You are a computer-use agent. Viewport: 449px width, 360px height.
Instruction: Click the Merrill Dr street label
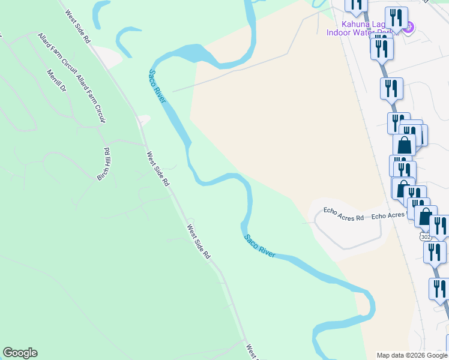pos(56,80)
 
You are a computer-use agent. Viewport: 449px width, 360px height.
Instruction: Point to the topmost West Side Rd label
pos(78,26)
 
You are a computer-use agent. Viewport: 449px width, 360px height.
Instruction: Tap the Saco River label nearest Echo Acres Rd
pos(259,246)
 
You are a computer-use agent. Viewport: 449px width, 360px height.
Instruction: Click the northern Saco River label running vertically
pos(157,86)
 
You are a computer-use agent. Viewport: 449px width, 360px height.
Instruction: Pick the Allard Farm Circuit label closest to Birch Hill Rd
pos(91,100)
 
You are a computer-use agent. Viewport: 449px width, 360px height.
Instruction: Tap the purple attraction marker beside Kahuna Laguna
pos(408,26)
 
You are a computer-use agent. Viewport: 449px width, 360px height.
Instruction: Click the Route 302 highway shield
pos(426,236)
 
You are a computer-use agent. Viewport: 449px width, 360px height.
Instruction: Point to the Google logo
pos(20,353)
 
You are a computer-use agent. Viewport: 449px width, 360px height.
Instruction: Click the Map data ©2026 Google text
pos(411,355)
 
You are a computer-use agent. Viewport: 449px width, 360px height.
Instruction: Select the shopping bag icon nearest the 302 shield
pos(425,216)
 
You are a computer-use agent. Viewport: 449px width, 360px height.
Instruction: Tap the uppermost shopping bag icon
pos(404,145)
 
